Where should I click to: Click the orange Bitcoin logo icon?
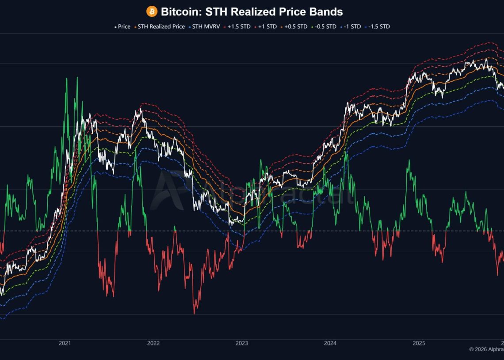[x=152, y=11]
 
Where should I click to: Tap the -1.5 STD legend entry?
[x=378, y=27]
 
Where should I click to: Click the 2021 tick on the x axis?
[x=65, y=343]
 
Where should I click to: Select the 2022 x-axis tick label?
[x=153, y=343]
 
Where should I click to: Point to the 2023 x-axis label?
[x=242, y=343]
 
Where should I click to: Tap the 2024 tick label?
[x=330, y=343]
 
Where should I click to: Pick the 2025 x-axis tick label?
[x=419, y=343]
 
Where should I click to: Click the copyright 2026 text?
[x=486, y=349]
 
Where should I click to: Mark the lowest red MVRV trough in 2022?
[x=194, y=313]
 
